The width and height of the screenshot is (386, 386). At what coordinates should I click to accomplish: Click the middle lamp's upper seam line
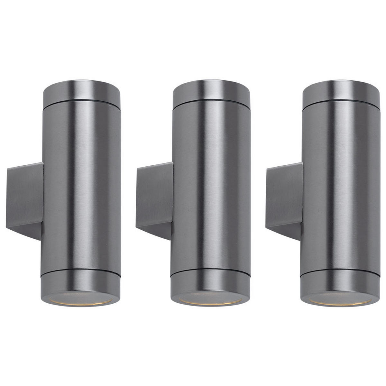(211, 105)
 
